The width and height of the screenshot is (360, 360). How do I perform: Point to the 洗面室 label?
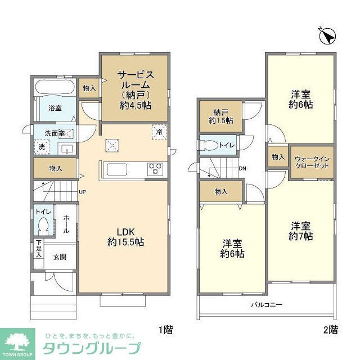(x=55, y=133)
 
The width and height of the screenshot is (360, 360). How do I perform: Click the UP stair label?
(x=82, y=192)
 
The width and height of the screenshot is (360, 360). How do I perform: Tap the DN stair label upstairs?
(x=242, y=168)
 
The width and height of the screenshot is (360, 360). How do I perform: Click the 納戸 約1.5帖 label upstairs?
(x=220, y=115)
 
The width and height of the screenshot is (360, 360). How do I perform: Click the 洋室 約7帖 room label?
(x=301, y=231)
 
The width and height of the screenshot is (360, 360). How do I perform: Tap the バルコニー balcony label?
(x=267, y=304)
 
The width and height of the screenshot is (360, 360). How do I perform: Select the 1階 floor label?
(x=165, y=329)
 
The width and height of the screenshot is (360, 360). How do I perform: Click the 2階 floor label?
(x=330, y=329)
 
